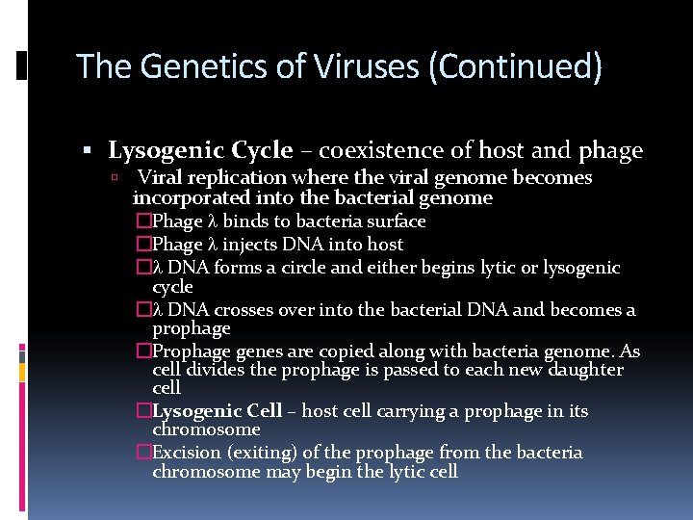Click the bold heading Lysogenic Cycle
[200, 150]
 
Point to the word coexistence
[381, 150]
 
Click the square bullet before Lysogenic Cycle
[87, 151]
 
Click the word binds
[245, 221]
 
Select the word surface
[395, 221]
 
